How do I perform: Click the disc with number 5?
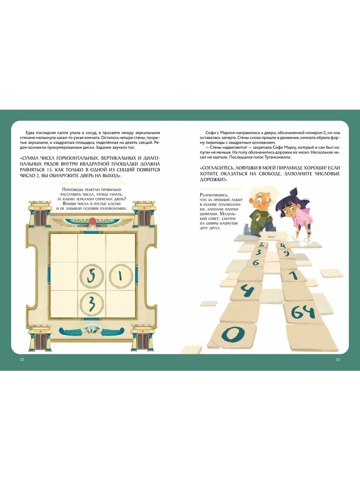pos(91,276)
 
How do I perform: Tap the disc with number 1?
pos(121,276)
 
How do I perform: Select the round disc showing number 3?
pos(92,304)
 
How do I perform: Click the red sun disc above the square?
pos(92,221)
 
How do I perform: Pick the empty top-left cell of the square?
pos(64,248)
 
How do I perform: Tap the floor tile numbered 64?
pos(303,312)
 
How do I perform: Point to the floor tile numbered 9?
pos(286,254)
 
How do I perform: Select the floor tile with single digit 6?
pos(256,262)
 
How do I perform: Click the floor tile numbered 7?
pos(293,275)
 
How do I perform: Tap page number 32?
pos(22,360)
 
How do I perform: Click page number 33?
pos(338,360)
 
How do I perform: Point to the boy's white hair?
pos(266,193)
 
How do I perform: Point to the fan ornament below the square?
pos(91,330)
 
